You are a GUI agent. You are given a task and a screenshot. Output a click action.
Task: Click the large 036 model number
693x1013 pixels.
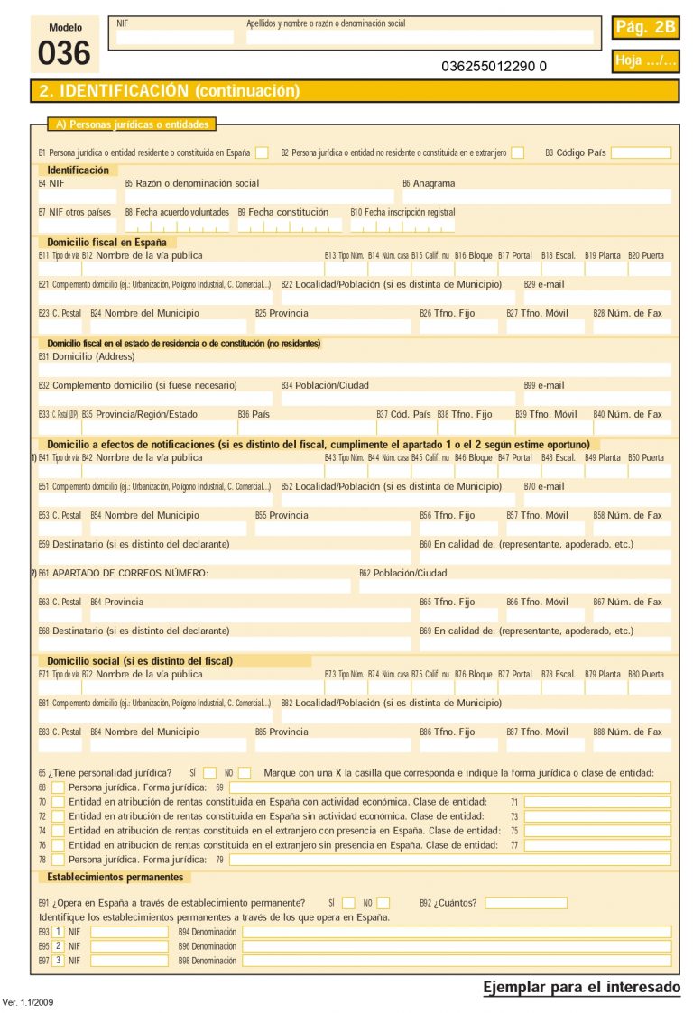(64, 54)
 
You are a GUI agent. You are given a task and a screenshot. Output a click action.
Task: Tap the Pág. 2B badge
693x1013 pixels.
(645, 28)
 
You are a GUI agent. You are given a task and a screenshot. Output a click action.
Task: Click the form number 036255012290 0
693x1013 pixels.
(494, 66)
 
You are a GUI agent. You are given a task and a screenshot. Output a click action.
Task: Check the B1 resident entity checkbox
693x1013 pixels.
(262, 152)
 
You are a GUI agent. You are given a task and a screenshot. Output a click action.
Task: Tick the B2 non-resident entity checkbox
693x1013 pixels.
(517, 152)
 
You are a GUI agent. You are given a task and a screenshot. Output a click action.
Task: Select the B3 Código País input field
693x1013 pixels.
(641, 152)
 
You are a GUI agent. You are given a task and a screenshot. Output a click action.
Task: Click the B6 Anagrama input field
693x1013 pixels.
(536, 197)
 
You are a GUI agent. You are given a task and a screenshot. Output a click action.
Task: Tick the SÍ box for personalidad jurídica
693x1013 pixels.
(209, 773)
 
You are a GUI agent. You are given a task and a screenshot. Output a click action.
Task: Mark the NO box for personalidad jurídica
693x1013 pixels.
(245, 773)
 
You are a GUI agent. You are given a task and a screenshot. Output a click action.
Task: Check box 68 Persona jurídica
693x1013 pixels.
(58, 787)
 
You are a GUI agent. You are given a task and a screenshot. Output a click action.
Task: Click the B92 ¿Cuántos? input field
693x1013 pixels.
(526, 903)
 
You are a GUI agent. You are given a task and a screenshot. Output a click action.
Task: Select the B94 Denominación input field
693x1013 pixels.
(457, 932)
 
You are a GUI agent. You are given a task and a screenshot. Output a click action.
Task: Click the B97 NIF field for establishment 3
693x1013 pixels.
(129, 961)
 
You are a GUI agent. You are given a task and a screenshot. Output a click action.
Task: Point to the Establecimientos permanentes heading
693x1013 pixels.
(115, 877)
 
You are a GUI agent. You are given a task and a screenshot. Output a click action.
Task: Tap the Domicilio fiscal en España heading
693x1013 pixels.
(106, 242)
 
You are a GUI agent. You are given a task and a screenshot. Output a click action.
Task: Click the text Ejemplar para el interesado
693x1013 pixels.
(582, 988)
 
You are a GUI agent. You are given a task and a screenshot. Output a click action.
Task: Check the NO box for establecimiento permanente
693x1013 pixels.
(383, 903)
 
